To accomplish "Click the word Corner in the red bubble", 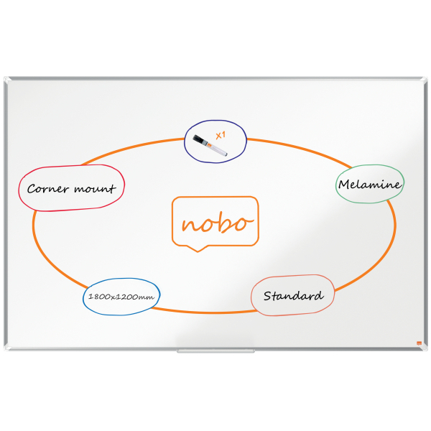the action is tap(47, 188).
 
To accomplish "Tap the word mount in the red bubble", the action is tap(95, 189).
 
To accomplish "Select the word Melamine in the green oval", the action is tap(370, 184).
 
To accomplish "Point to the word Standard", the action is tap(293, 296).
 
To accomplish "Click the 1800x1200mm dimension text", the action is tap(121, 297).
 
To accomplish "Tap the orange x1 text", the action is tap(221, 135).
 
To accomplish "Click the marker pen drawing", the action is tap(210, 145).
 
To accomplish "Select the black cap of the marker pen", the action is tap(198, 139).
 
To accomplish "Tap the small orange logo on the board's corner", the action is tap(419, 343).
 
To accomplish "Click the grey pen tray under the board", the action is tap(215, 351).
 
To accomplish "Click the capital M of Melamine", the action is tap(344, 185).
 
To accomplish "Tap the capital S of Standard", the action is tap(267, 296).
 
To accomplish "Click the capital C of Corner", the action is tap(32, 189).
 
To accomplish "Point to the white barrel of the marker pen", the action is tap(218, 149).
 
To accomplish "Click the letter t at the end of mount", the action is tap(112, 188).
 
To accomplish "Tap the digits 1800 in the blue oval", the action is tap(98, 297).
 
